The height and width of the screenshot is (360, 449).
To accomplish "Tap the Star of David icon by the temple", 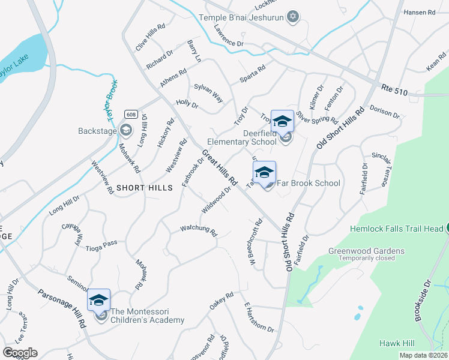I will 293,16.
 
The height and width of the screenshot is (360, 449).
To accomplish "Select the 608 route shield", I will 130,114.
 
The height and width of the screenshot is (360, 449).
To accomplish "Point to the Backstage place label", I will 97,130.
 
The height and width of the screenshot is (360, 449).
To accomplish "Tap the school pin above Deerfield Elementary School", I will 282,122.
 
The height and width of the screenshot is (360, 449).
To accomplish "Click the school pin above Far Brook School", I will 264,172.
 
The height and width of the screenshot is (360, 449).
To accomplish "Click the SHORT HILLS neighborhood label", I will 145,188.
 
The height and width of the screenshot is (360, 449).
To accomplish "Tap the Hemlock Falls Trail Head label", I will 397,229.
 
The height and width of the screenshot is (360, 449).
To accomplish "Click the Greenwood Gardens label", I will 366,251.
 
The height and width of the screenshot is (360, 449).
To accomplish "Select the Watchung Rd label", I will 198,229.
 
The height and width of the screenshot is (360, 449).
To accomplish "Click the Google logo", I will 20,353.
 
